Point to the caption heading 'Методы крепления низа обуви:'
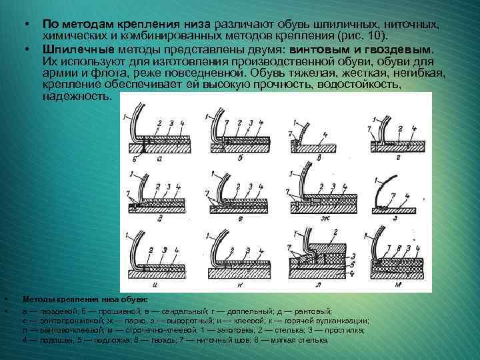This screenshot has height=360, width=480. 85,300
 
